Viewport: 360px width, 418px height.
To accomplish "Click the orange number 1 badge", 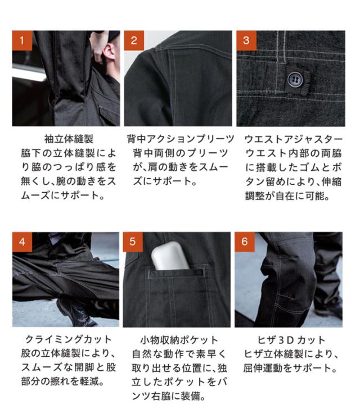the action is pos(22,40).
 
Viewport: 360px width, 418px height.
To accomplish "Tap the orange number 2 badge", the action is pos(134,40).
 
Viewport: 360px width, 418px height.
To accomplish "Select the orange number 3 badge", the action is pos(246,40).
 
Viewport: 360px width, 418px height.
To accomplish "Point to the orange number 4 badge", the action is pos(22,242).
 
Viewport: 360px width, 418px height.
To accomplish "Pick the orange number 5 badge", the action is pos(133,242).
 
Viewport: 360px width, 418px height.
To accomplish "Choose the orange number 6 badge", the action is pos(245,242).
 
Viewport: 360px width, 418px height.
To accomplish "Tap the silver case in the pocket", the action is pos(170,256).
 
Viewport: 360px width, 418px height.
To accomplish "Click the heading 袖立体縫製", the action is pos(69,139).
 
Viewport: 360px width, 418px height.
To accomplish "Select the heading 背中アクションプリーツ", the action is pos(181,139).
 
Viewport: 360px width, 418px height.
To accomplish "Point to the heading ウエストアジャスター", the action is pos(294,139).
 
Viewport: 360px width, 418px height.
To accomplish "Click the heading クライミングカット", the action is pos(68,339).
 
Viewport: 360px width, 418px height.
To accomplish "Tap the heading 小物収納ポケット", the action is pos(179,340).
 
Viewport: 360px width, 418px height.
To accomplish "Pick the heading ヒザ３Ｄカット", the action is pos(291,340).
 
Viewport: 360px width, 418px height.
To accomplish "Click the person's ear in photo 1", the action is pos(109,52).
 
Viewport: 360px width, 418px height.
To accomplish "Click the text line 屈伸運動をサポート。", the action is pos(290,368).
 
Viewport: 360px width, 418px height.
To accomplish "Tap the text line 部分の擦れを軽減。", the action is pos(63,381).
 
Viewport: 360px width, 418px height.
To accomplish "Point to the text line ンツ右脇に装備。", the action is pos(169,397).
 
